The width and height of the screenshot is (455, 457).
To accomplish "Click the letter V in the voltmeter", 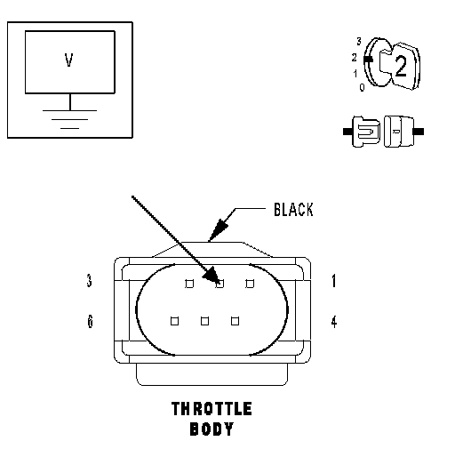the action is (x=68, y=60).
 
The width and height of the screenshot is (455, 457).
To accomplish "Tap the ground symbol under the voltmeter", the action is (x=70, y=119).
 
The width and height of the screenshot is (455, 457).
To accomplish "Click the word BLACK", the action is (x=293, y=210).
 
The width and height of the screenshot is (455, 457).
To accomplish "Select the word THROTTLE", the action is (x=212, y=409).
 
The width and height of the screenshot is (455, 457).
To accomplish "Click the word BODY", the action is (x=212, y=429).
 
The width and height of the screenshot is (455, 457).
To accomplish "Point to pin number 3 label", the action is (x=89, y=280).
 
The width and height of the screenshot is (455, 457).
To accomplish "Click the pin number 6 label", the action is (x=90, y=321).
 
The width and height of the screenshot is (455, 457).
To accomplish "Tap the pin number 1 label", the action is (x=334, y=281).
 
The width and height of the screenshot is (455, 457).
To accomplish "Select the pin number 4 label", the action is (x=334, y=322).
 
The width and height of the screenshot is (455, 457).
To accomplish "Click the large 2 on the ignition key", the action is (x=401, y=67).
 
